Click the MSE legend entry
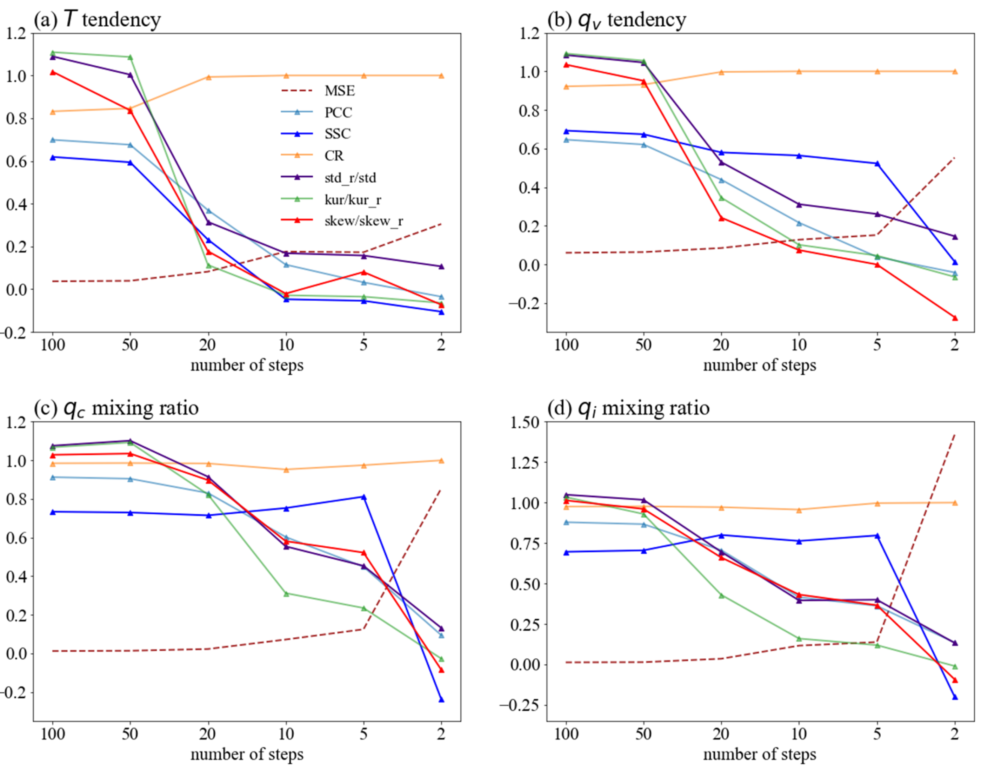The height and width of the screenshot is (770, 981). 339,91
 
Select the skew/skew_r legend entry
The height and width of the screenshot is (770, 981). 363,221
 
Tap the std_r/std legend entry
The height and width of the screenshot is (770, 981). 350,178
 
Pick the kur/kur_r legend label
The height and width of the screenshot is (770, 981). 352,199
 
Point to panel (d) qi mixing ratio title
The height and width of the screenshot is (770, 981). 628,408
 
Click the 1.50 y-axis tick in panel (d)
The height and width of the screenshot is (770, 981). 524,422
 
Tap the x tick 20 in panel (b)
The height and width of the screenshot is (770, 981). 721,345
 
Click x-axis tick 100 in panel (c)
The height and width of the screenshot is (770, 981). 53,734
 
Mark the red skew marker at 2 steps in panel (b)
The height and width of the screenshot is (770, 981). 955,318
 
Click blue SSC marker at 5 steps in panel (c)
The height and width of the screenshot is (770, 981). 363,497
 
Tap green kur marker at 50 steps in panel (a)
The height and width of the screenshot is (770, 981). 130,57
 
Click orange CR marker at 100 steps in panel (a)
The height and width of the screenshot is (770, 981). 53,112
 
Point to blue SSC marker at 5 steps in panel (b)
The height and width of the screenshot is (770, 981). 877,164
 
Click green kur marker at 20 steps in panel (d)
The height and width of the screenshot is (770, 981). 721,595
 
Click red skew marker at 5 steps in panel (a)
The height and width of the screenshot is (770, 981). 363,272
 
